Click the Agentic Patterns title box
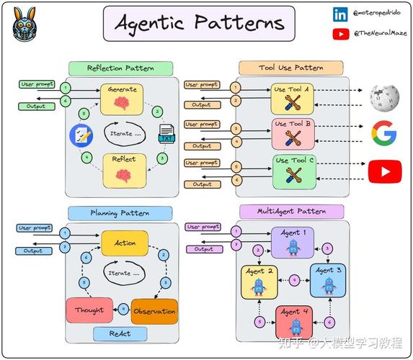[199, 24]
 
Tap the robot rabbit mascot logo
[25, 24]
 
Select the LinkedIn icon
[340, 14]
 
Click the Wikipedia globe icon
[385, 98]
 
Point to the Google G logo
[384, 133]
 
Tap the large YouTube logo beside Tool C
[385, 171]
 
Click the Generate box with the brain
[122, 99]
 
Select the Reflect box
[124, 171]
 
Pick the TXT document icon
[166, 134]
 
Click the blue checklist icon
[81, 135]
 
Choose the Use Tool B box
[293, 134]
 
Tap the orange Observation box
[154, 311]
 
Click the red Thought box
[89, 310]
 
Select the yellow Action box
[125, 243]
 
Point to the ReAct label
[120, 333]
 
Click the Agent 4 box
[294, 322]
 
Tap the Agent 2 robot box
[259, 282]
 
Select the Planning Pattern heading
[120, 213]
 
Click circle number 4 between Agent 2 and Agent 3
[294, 280]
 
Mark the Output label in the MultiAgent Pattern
[205, 249]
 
